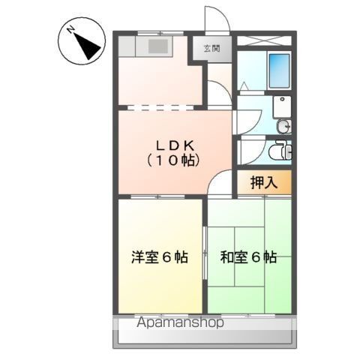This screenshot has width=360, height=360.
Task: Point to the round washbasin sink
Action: (x=281, y=127)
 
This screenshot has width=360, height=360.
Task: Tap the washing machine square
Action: (x=283, y=105)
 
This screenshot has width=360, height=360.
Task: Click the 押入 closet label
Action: (x=262, y=182)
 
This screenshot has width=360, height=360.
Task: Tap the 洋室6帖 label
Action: (x=159, y=258)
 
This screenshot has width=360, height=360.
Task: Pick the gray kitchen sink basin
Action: (x=159, y=46)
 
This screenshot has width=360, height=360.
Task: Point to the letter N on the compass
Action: (x=70, y=31)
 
